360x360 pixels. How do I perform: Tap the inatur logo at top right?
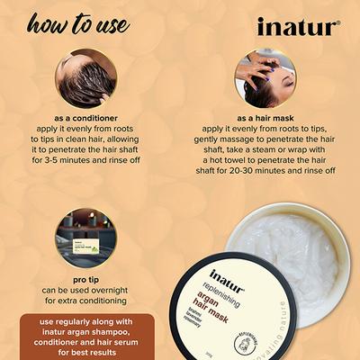pyautogui.click(x=298, y=27)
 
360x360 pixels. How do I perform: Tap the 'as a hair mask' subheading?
pyautogui.click(x=264, y=117)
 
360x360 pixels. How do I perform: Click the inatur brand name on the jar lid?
pyautogui.click(x=227, y=275)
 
